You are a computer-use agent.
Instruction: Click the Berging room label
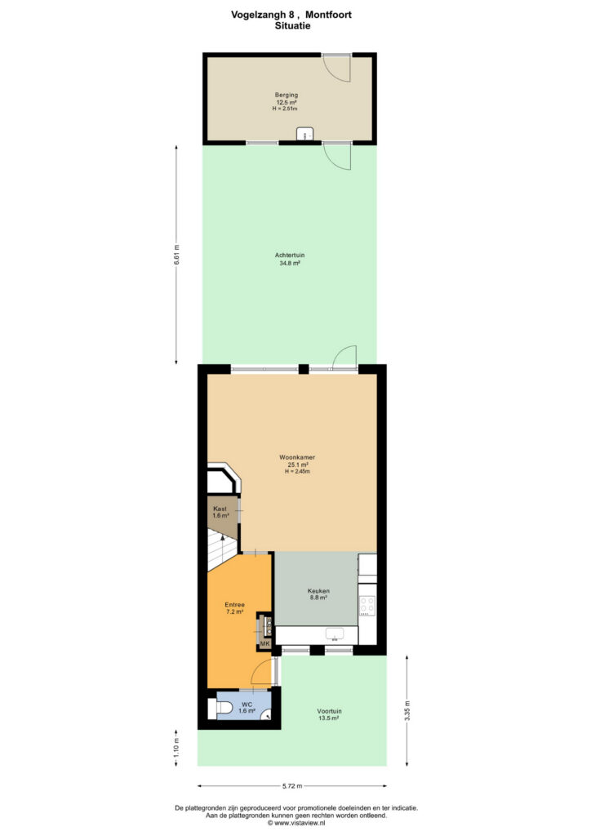[287, 95]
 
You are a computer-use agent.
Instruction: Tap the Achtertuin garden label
[290, 255]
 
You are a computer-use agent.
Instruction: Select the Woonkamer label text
[297, 457]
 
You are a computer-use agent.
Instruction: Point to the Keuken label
[318, 591]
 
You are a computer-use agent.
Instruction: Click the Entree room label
[234, 605]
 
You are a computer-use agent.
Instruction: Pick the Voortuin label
[329, 711]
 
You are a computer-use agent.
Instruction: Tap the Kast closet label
[220, 509]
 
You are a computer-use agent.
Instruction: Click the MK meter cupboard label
[264, 644]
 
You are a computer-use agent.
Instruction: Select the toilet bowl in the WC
[222, 707]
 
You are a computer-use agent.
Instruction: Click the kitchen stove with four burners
[367, 605]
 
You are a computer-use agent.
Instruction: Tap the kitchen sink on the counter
[335, 634]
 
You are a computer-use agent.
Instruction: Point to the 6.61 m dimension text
[177, 255]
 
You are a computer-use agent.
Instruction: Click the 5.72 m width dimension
[292, 785]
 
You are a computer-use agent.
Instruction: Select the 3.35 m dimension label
[407, 710]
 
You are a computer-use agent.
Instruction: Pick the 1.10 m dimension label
[177, 748]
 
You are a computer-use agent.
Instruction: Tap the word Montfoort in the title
[328, 15]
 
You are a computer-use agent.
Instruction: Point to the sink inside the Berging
[304, 134]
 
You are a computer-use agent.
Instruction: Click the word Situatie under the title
[292, 25]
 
